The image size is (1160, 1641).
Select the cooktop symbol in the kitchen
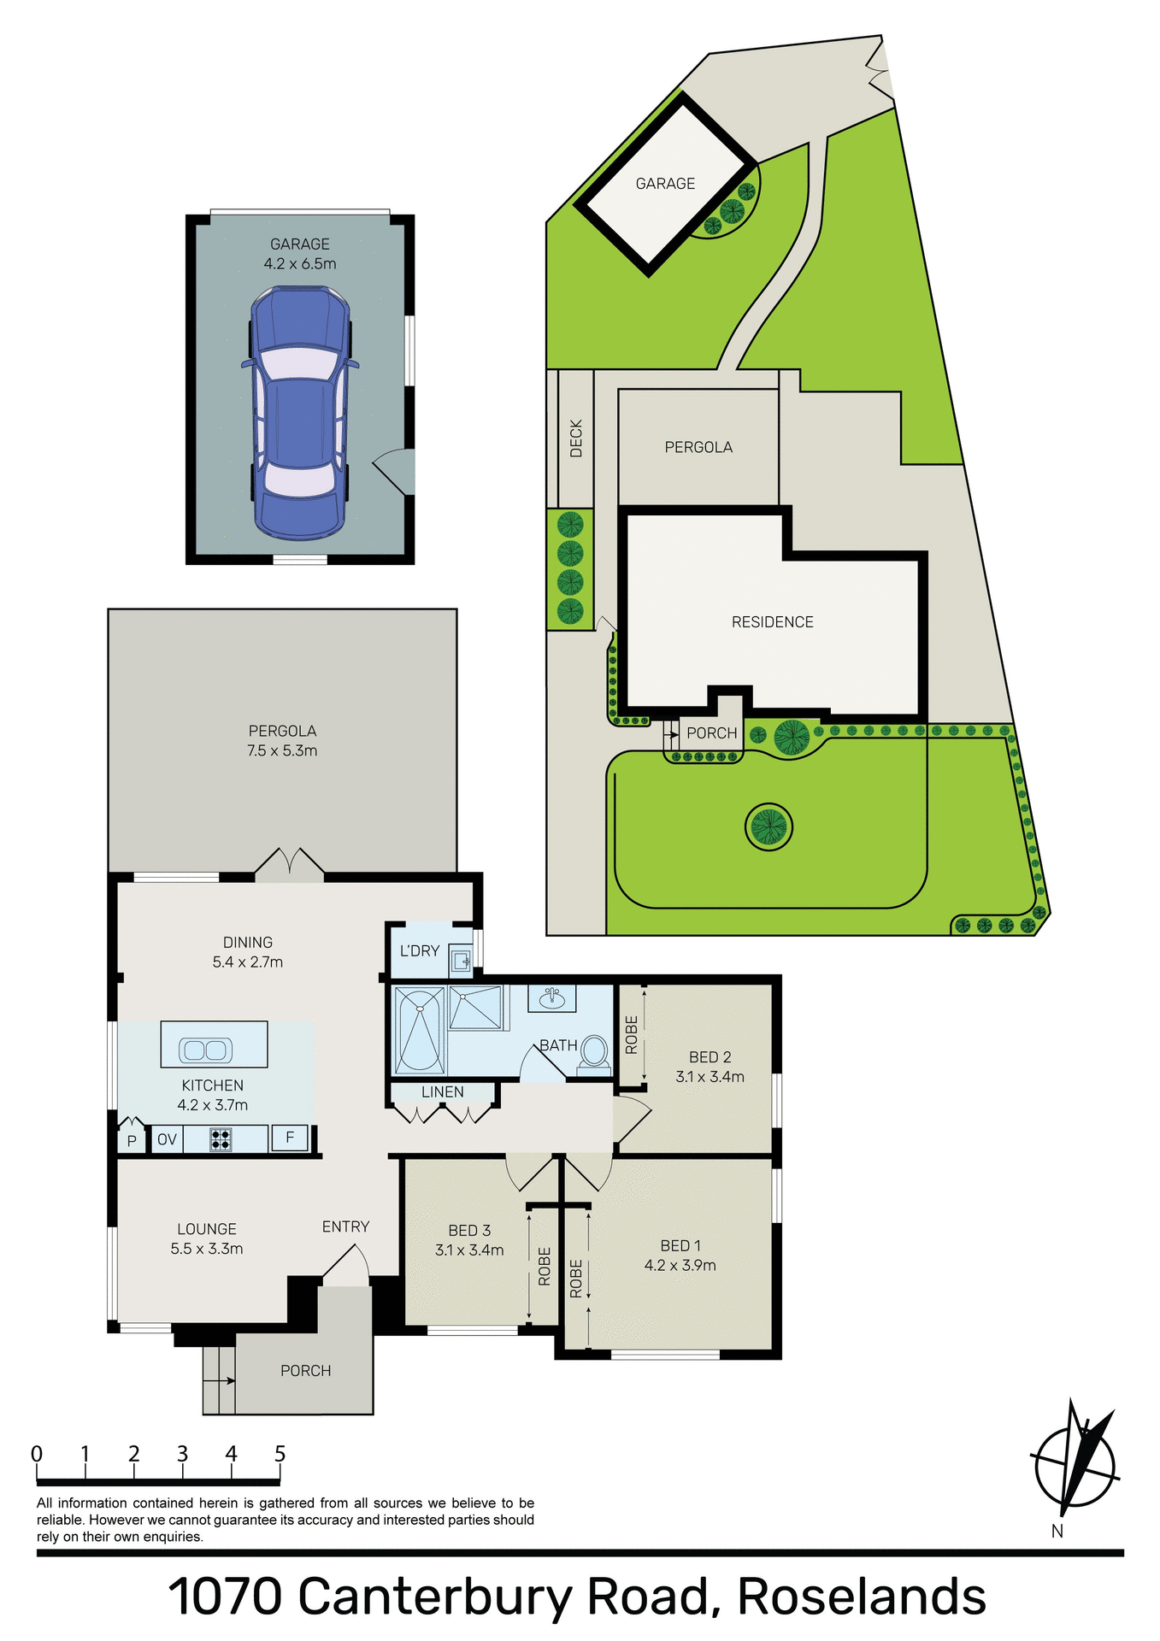coord(221,1139)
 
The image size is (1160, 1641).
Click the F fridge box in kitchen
coord(290,1138)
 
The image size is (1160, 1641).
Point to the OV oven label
coord(167,1139)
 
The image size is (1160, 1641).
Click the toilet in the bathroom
coord(593,1053)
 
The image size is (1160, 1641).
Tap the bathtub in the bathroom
coord(419,1029)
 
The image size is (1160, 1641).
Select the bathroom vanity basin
coord(551,997)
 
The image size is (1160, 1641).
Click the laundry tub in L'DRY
coord(462,962)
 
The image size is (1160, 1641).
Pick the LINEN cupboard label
coord(443,1092)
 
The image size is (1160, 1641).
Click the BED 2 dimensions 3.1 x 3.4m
coord(710,1077)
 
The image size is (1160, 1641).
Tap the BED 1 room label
coord(680,1246)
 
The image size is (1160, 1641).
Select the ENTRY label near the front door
coord(345,1226)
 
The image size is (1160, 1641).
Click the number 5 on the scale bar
coord(280,1454)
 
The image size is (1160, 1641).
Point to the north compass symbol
coord(1075,1464)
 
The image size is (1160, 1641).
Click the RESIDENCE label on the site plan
coord(772,622)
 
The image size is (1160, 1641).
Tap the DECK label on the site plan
coord(576,438)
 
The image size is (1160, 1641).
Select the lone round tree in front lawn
coord(768,826)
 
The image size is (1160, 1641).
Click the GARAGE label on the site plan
coord(665,184)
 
